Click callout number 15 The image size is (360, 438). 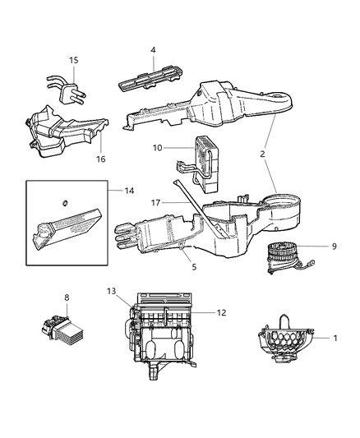pos(73,61)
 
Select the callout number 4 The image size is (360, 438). pos(152,51)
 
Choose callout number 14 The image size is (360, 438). pos(129,191)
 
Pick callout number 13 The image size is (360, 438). pos(112,292)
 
